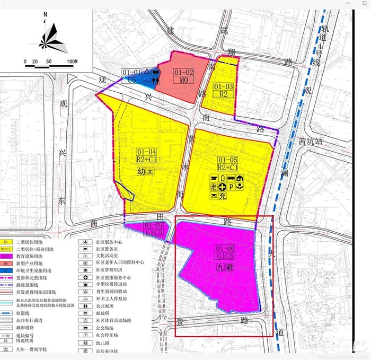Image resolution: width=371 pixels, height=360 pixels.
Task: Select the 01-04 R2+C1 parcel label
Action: tap(146, 155)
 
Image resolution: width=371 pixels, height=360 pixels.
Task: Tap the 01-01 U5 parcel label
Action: tap(131, 76)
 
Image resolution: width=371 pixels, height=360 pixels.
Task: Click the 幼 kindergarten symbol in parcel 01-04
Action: tap(141, 172)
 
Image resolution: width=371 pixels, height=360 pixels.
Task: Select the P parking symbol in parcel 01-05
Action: tap(231, 187)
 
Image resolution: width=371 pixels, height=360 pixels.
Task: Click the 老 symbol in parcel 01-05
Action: tap(213, 187)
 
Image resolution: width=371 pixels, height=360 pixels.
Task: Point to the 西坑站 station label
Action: tap(310, 142)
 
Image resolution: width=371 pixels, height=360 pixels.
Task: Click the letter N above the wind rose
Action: tap(46, 14)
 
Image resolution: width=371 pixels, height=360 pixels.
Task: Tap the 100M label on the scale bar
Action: tap(72, 62)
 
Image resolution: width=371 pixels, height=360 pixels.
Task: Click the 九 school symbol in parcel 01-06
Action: tap(218, 268)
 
